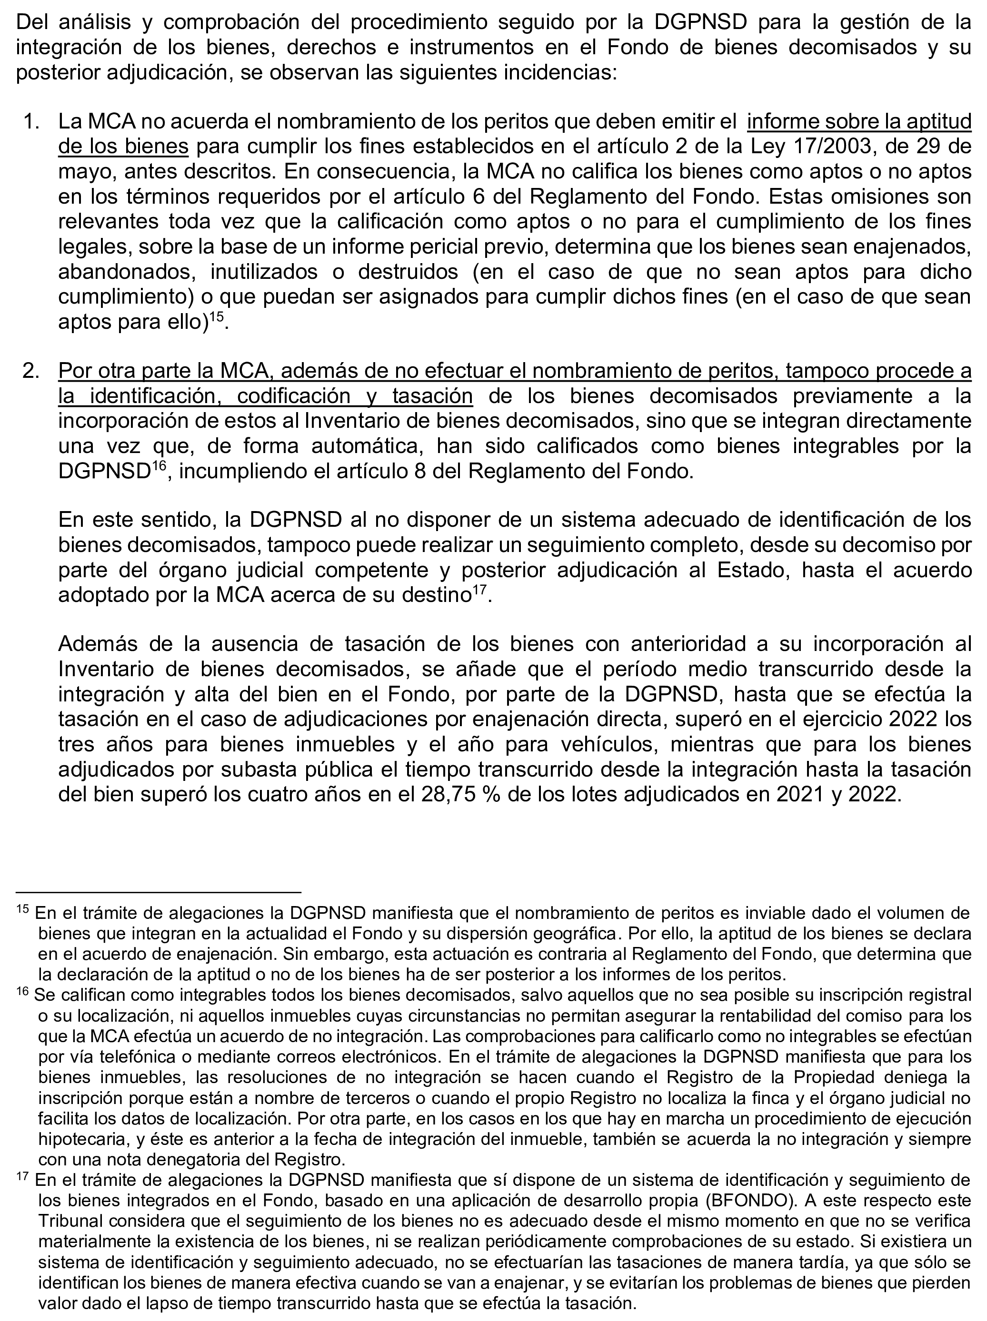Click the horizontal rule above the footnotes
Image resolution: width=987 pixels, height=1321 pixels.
pyautogui.click(x=159, y=892)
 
